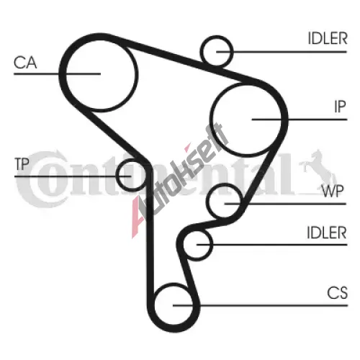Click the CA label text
click(x=25, y=63)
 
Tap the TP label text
click(x=22, y=164)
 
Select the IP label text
click(x=340, y=107)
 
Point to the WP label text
click(x=333, y=191)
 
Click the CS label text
click(x=337, y=293)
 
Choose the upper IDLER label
click(x=328, y=38)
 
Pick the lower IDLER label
click(x=327, y=233)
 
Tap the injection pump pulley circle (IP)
click(x=210, y=120)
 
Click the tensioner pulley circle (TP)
click(x=116, y=175)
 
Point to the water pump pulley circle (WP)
click(x=208, y=201)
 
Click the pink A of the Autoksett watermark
click(x=139, y=216)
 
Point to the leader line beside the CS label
click(x=260, y=305)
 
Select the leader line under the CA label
click(x=57, y=73)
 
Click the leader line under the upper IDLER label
click(x=282, y=52)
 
